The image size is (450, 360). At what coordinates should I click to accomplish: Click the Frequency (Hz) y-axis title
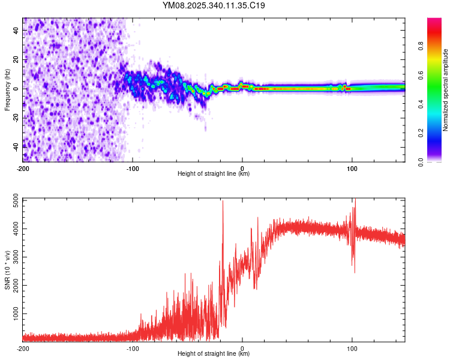[7, 91]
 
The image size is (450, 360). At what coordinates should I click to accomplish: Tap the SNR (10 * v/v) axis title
[7, 270]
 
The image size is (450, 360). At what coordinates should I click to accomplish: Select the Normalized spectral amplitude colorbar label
[446, 90]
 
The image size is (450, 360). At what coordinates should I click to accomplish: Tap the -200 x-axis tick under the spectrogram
[23, 168]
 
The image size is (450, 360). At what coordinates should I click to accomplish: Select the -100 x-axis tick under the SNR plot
[133, 348]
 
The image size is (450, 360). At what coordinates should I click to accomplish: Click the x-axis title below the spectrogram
[214, 174]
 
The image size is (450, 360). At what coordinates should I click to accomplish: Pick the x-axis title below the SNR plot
[214, 355]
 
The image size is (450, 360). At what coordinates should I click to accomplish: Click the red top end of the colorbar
[434, 21]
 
